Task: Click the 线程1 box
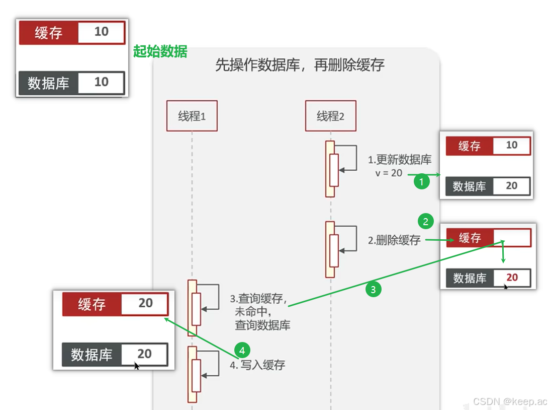click(192, 116)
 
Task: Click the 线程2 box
click(330, 116)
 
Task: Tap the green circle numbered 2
click(426, 221)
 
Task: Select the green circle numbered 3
click(373, 290)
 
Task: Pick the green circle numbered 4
click(242, 350)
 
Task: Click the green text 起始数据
click(160, 51)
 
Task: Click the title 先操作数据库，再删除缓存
click(300, 65)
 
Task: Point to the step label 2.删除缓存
click(394, 240)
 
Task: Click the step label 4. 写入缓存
click(257, 365)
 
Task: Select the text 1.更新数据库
click(400, 160)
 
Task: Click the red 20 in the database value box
click(512, 278)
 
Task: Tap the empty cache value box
click(512, 238)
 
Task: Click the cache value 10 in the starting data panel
click(101, 32)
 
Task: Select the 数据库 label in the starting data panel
click(48, 83)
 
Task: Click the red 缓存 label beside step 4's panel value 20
click(91, 304)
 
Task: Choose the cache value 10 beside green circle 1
click(511, 146)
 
